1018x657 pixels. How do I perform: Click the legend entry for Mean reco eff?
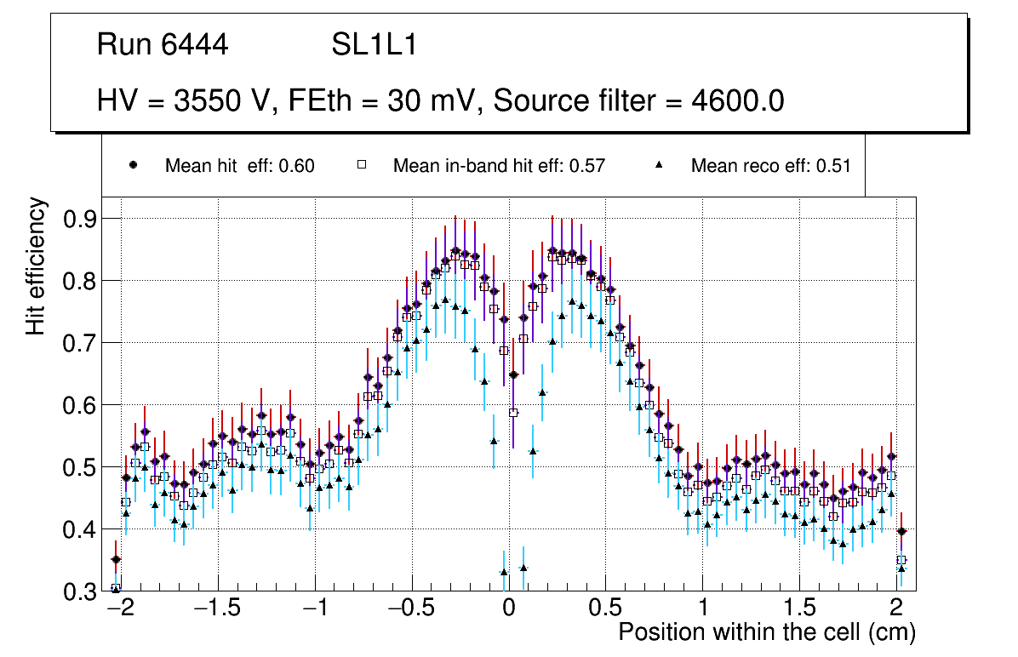tap(770, 166)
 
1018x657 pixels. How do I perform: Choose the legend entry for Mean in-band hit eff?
tap(499, 166)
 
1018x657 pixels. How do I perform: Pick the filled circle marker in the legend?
tap(133, 165)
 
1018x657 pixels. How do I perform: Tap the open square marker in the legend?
tap(361, 165)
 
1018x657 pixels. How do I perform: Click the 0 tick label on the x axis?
tap(508, 609)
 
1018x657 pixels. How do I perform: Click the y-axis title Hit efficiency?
tap(36, 266)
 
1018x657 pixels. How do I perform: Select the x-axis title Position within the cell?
tap(766, 632)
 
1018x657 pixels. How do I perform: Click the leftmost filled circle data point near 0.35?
tap(117, 559)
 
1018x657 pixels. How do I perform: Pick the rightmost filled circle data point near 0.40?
tap(901, 531)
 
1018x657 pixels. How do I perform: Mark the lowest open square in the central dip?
tap(513, 413)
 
